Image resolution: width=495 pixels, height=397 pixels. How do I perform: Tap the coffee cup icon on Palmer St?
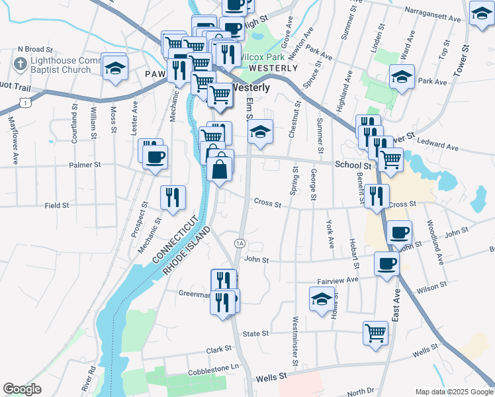click(x=155, y=157)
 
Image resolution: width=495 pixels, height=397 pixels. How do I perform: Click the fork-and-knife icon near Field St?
click(x=173, y=197)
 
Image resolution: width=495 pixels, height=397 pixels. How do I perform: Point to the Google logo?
click(x=22, y=389)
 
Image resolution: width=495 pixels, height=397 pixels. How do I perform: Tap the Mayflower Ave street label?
click(x=12, y=140)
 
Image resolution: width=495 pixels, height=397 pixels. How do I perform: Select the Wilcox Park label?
click(x=259, y=58)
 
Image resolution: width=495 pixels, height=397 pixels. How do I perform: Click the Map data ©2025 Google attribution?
click(x=454, y=392)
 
